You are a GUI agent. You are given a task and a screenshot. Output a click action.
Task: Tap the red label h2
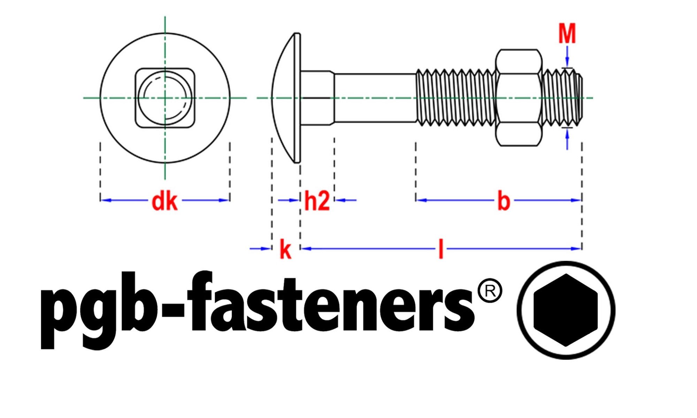317,201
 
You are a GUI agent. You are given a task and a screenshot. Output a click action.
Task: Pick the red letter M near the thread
567,33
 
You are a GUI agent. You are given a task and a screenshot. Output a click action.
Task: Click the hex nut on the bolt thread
519,98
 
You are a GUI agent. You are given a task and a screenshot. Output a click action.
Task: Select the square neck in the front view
165,98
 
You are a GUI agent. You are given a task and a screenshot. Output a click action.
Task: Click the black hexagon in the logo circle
566,310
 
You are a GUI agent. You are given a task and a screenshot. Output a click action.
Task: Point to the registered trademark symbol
490,291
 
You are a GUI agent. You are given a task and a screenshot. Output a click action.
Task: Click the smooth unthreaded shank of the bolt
375,98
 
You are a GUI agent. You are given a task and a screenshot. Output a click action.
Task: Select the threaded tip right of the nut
562,98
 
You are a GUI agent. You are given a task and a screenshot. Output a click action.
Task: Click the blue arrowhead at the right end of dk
224,200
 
